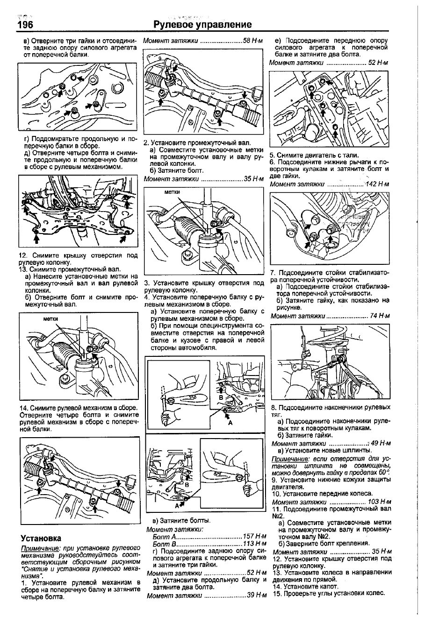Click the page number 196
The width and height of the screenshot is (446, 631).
[25, 25]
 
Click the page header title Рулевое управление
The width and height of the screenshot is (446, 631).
[202, 25]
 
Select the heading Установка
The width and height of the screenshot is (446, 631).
[41, 538]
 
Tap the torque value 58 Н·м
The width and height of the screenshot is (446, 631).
[253, 41]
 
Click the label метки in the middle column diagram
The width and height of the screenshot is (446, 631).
[172, 192]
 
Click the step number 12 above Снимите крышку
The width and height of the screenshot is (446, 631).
[22, 255]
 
